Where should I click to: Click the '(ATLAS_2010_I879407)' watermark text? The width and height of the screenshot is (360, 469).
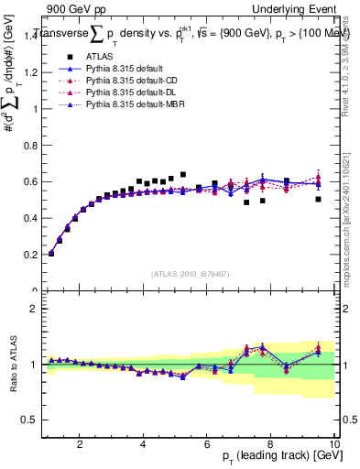(191, 272)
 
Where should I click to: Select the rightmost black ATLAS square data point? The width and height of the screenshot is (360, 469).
(319, 199)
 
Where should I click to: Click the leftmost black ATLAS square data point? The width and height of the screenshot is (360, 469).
(50, 254)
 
